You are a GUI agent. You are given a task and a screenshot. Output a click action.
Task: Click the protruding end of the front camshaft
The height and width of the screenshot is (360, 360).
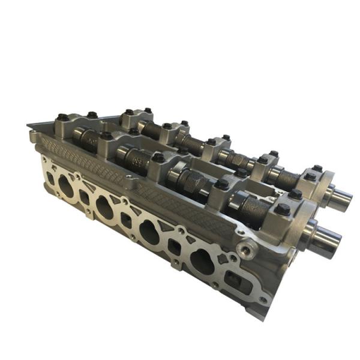click(x=327, y=239)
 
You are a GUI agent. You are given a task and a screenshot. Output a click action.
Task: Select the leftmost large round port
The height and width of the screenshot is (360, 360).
click(x=65, y=187)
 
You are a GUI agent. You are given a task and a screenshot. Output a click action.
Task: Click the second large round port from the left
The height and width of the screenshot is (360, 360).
click(x=105, y=208)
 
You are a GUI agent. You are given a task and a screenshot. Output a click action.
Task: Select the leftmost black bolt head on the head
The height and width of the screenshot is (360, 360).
click(x=62, y=118)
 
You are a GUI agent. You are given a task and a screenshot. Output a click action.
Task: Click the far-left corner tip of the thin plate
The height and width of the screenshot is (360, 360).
click(x=28, y=125)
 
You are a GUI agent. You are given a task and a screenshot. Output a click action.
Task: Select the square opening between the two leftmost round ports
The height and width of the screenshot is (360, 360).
click(x=84, y=198)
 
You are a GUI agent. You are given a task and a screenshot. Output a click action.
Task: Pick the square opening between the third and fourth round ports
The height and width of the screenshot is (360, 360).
click(x=175, y=247)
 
